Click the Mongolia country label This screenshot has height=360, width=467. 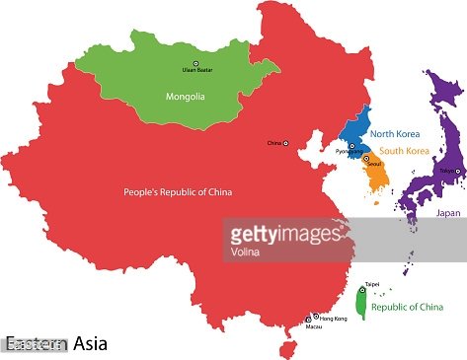coord(186,97)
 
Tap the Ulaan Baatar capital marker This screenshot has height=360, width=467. coord(195,63)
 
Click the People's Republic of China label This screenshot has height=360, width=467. coord(178,191)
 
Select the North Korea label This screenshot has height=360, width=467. coord(396,135)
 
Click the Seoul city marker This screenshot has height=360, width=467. coord(366,158)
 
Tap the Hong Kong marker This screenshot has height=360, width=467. coord(316,317)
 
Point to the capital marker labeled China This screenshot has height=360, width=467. coord(286,144)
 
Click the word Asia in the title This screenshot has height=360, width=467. coord(91,344)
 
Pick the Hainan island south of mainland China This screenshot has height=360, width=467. coord(287,348)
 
